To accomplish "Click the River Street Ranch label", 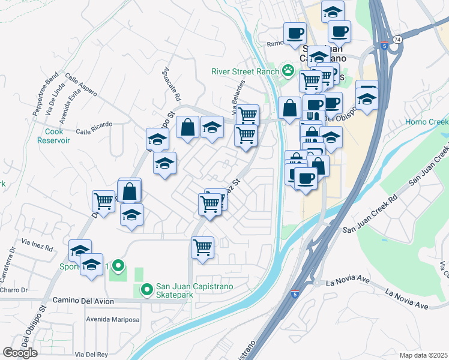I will (x=245, y=71).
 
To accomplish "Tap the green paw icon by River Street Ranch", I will (x=288, y=71).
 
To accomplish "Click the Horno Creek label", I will (x=426, y=122).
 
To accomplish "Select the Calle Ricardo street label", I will (x=94, y=125).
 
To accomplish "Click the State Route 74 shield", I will (x=397, y=39).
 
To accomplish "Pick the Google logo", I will (x=20, y=353).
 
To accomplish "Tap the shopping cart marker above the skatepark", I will (x=203, y=247).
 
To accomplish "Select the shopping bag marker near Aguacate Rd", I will (x=187, y=127).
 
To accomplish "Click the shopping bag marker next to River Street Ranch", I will (x=289, y=109).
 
